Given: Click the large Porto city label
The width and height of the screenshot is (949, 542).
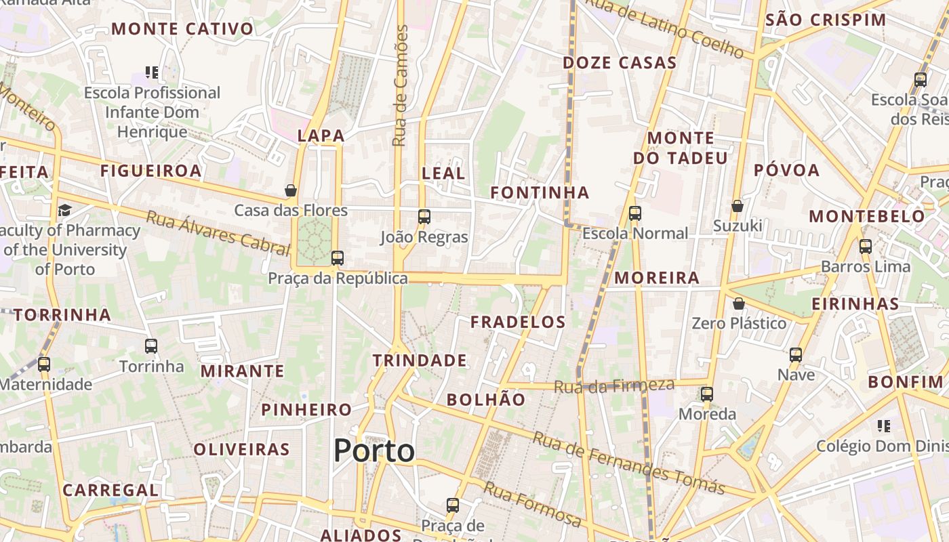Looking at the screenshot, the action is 374,451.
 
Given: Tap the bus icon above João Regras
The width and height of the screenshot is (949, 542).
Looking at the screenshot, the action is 424,217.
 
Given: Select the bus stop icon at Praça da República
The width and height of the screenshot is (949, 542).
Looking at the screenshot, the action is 338,258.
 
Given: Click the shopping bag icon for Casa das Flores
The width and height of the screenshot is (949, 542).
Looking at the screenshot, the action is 291,190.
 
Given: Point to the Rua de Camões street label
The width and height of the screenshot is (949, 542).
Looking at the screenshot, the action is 401,86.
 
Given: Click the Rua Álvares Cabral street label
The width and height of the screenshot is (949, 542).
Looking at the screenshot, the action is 218,233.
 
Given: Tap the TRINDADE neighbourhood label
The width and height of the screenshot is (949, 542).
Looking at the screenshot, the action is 420,360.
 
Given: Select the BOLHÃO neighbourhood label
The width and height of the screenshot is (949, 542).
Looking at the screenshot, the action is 486,400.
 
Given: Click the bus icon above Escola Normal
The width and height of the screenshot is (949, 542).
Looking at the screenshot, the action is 635,213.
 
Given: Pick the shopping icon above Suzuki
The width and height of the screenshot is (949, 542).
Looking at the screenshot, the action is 738,205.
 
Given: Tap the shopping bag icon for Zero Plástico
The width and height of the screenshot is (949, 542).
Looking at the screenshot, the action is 739,304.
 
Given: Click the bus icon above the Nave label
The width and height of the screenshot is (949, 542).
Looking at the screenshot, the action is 796,354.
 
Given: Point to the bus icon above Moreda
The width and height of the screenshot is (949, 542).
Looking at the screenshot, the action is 707,394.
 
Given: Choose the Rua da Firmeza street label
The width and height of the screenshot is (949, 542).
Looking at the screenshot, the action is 614,386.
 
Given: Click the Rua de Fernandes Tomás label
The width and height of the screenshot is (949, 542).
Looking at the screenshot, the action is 628,463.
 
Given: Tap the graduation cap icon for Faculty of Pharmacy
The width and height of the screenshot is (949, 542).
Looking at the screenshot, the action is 65,210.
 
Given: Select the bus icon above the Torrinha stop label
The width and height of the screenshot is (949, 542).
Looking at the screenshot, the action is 151,346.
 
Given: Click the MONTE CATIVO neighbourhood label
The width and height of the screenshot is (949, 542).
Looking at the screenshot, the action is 182,29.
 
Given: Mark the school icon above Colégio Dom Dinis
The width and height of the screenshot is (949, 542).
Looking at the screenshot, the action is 883,426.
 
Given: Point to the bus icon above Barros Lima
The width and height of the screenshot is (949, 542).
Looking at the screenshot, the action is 866,247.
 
